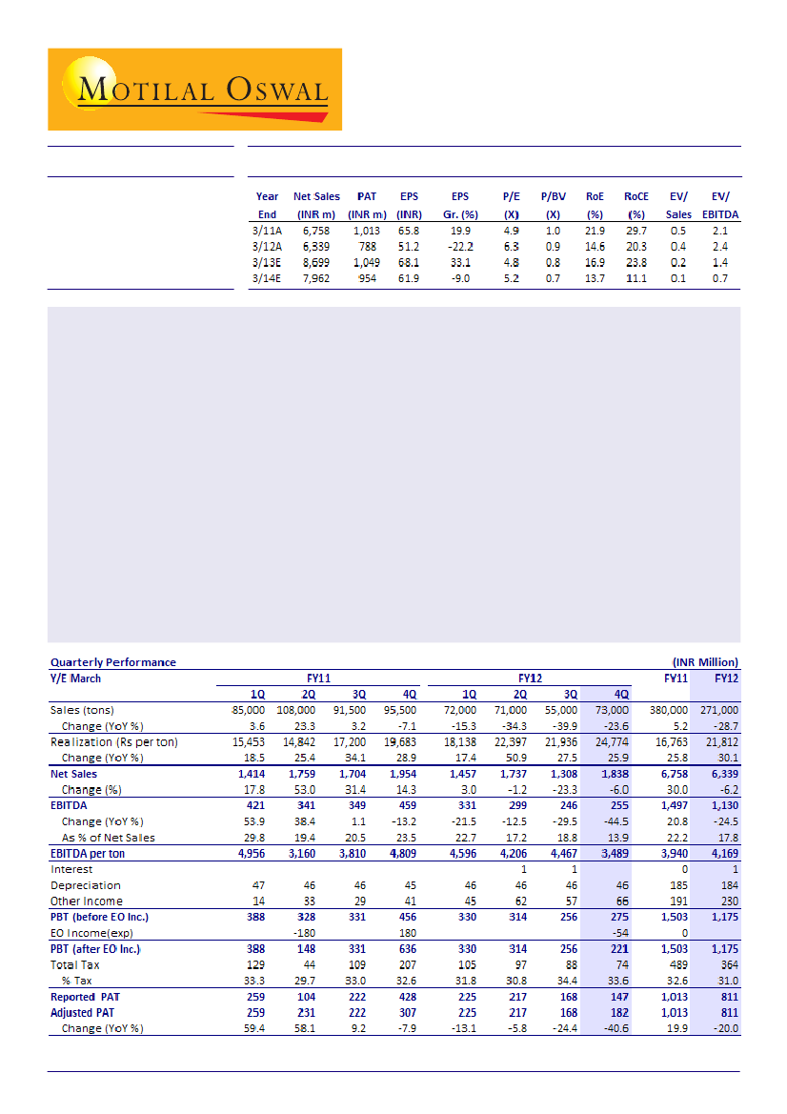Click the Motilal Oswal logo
194,89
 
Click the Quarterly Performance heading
112,662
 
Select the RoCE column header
636,197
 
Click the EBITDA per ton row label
88,854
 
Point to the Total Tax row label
75,965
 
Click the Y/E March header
75,678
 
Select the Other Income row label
86,901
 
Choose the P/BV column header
554,197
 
